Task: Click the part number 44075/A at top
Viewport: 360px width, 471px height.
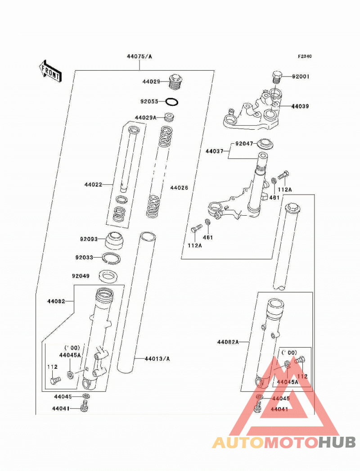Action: [139, 56]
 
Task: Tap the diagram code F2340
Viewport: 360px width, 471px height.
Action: [305, 56]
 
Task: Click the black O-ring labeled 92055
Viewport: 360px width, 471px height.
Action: [172, 102]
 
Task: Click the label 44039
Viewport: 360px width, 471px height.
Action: [300, 106]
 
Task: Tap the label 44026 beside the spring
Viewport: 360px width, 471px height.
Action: [179, 188]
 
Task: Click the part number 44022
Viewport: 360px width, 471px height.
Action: [93, 185]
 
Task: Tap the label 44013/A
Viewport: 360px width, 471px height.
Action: [157, 359]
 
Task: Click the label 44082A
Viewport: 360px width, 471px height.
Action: [228, 342]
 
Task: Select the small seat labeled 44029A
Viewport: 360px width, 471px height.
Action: [170, 117]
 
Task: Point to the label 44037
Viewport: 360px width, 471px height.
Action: [214, 151]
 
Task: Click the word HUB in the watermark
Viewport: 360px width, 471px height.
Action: [337, 443]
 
